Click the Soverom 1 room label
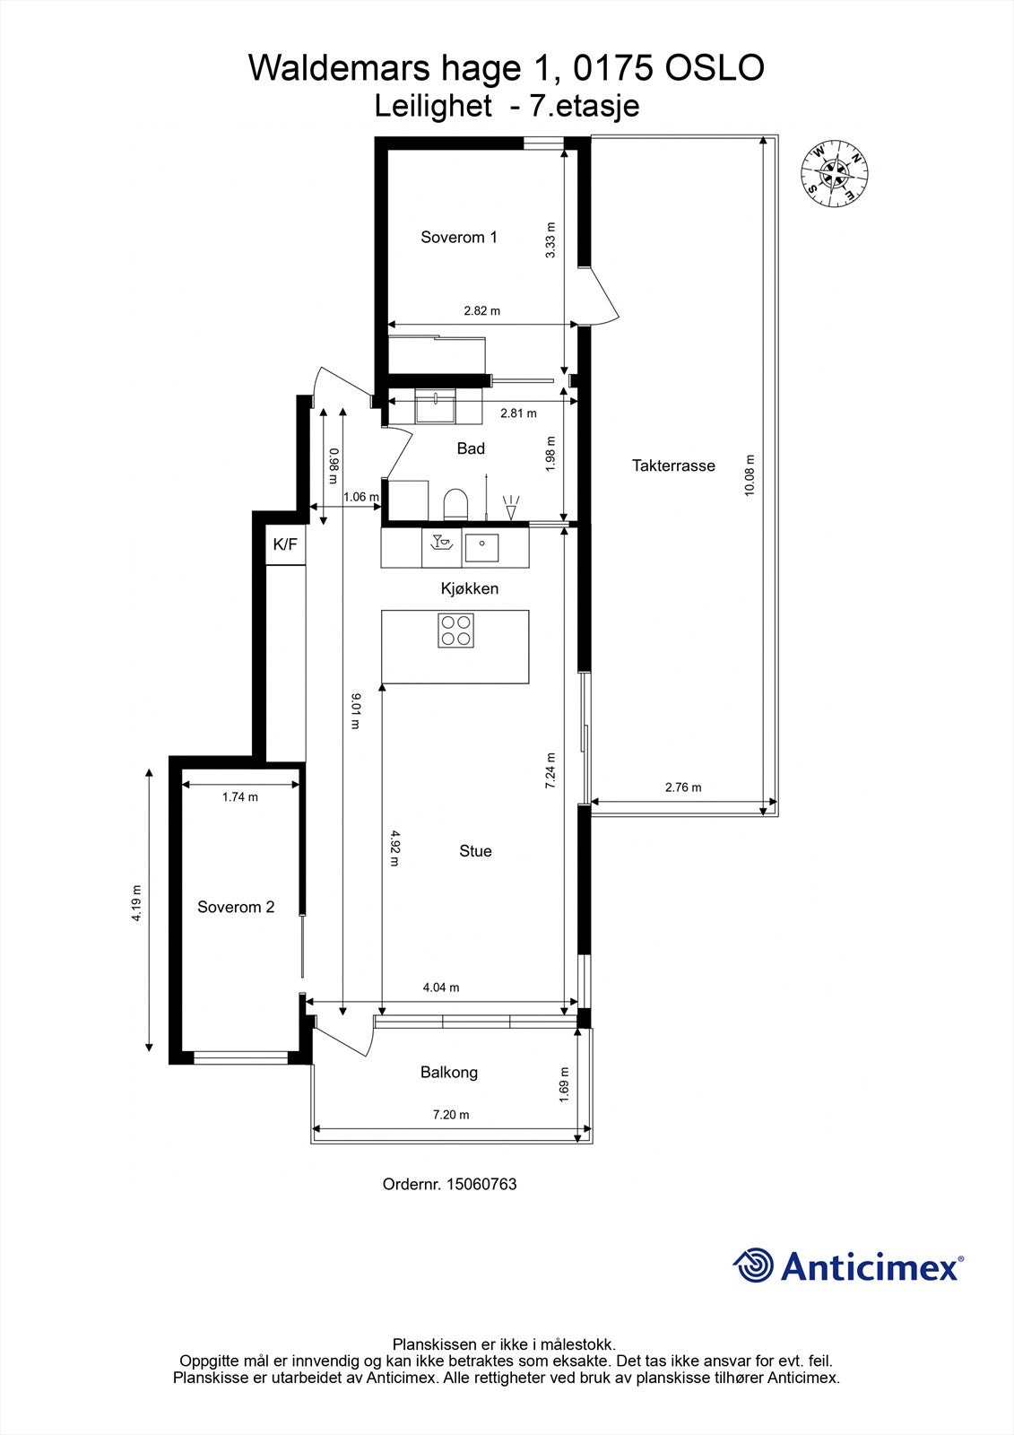point(459,237)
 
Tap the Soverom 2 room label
point(236,907)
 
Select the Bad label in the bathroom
point(471,448)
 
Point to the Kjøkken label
point(470,588)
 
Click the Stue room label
point(475,851)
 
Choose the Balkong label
point(449,1073)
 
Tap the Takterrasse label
point(673,465)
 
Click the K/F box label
point(285,544)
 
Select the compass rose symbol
point(835,173)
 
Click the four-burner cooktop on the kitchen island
point(456,631)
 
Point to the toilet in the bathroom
point(456,504)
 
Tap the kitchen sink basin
point(481,548)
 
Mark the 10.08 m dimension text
point(750,475)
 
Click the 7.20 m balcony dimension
point(451,1115)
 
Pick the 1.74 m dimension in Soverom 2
point(240,797)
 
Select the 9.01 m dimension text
point(356,711)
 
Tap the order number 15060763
point(481,1184)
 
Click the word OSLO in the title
point(715,68)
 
